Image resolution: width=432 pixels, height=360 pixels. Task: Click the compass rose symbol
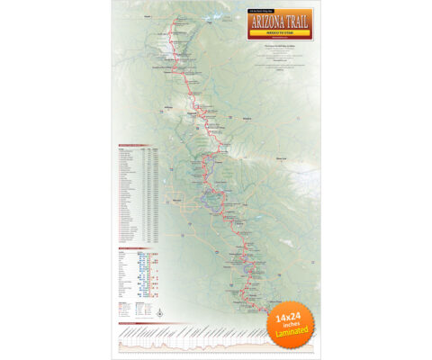(158, 310)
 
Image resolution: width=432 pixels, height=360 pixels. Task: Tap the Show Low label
(280, 157)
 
